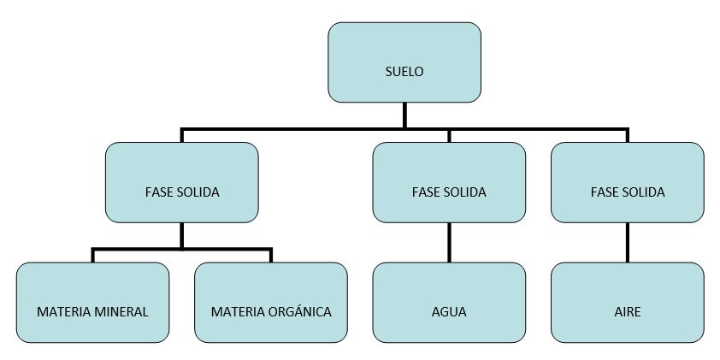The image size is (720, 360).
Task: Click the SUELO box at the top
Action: pyautogui.click(x=404, y=62)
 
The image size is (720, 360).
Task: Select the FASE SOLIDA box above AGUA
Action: pyautogui.click(x=449, y=183)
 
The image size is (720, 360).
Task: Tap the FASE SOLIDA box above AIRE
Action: pyautogui.click(x=628, y=183)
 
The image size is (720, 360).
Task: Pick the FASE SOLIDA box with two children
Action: pyautogui.click(x=182, y=183)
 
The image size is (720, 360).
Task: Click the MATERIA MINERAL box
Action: pyautogui.click(x=92, y=303)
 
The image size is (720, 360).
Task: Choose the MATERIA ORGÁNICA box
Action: pyautogui.click(x=271, y=303)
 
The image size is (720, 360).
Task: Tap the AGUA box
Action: pyautogui.click(x=449, y=303)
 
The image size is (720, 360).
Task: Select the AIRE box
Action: pyautogui.click(x=628, y=303)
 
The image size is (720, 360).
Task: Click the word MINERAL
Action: pyautogui.click(x=121, y=312)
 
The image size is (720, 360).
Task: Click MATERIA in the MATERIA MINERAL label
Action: pyautogui.click(x=63, y=312)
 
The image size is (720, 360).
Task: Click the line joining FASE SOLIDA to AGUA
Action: pyautogui.click(x=449, y=243)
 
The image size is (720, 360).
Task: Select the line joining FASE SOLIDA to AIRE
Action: pyautogui.click(x=628, y=243)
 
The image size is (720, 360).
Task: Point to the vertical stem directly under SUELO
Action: pyautogui.click(x=404, y=115)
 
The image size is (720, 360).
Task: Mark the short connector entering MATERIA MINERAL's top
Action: pyautogui.click(x=92, y=256)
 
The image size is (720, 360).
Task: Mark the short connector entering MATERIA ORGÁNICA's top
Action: pyautogui.click(x=271, y=256)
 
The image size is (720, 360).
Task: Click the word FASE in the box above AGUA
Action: pyautogui.click(x=423, y=192)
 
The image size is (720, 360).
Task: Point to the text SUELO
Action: pyautogui.click(x=404, y=72)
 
